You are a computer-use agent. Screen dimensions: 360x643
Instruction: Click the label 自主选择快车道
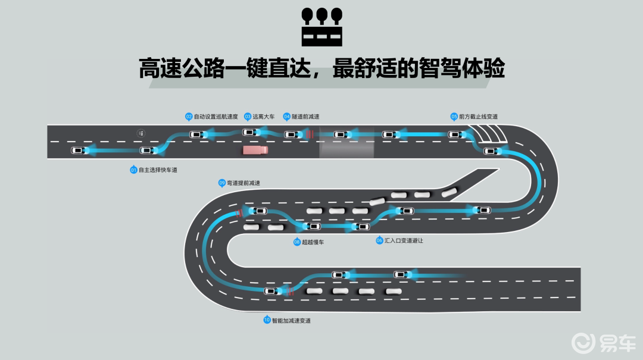tap(158, 170)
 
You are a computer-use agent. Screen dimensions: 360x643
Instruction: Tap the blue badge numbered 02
tap(189, 117)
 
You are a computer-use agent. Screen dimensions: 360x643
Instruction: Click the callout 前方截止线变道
tap(478, 117)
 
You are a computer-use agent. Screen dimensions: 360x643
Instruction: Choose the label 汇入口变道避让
tap(404, 240)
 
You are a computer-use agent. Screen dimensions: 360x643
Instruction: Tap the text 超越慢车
tap(313, 242)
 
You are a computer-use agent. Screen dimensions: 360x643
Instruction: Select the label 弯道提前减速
tap(244, 183)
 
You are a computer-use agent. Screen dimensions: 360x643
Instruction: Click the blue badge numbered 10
tap(267, 320)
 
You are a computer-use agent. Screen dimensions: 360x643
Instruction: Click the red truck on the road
tap(255, 151)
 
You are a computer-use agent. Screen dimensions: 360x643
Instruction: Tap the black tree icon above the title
tap(322, 27)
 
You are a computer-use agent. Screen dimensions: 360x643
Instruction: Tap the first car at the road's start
tap(77, 150)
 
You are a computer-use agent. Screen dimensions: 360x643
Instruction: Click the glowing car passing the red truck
tap(249, 132)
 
